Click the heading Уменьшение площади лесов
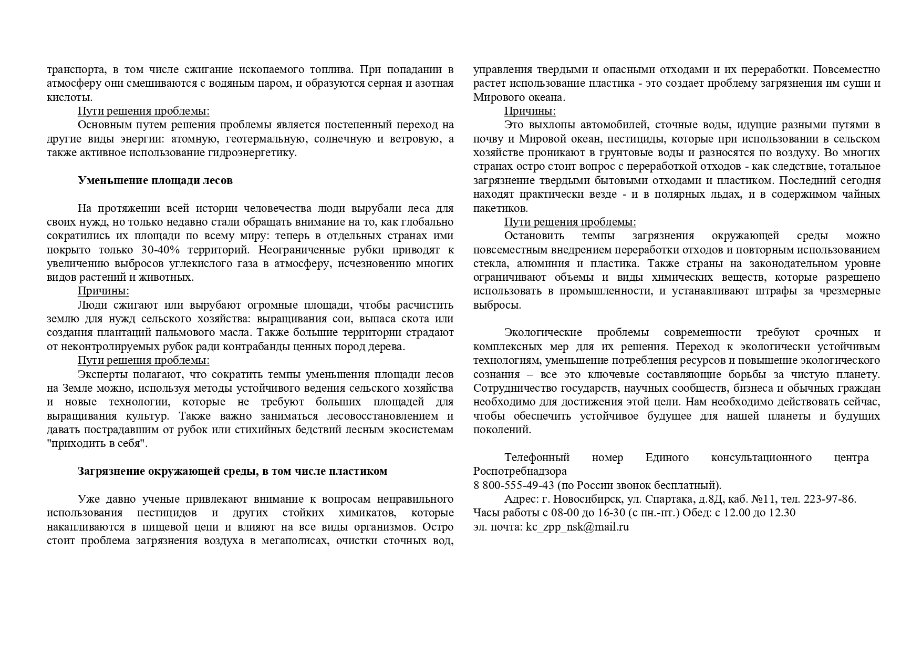pyautogui.click(x=155, y=180)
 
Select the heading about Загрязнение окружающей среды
pyautogui.click(x=232, y=471)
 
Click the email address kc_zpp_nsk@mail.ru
pyautogui.click(x=577, y=527)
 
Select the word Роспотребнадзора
pyautogui.click(x=520, y=471)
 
